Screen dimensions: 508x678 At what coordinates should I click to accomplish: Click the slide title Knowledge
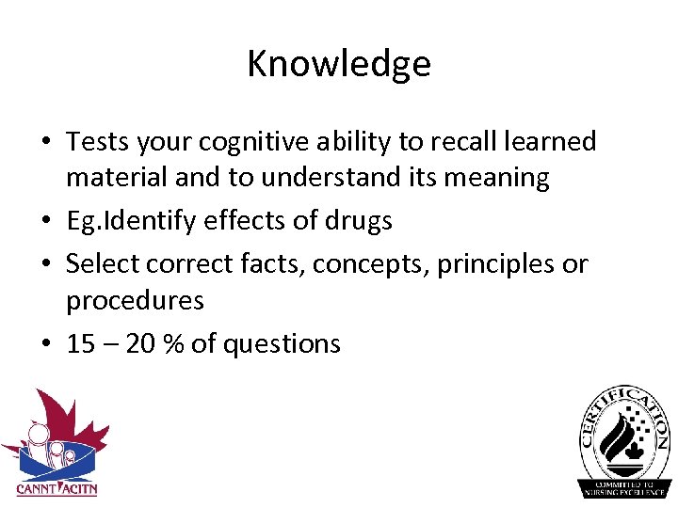click(x=339, y=64)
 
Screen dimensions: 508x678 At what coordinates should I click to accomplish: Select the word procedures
click(x=135, y=301)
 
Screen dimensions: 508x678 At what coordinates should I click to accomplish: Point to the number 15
click(x=81, y=344)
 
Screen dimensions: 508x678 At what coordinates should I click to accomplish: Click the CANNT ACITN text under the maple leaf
click(x=56, y=488)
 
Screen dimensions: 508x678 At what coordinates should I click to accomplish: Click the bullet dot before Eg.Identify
click(x=45, y=222)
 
